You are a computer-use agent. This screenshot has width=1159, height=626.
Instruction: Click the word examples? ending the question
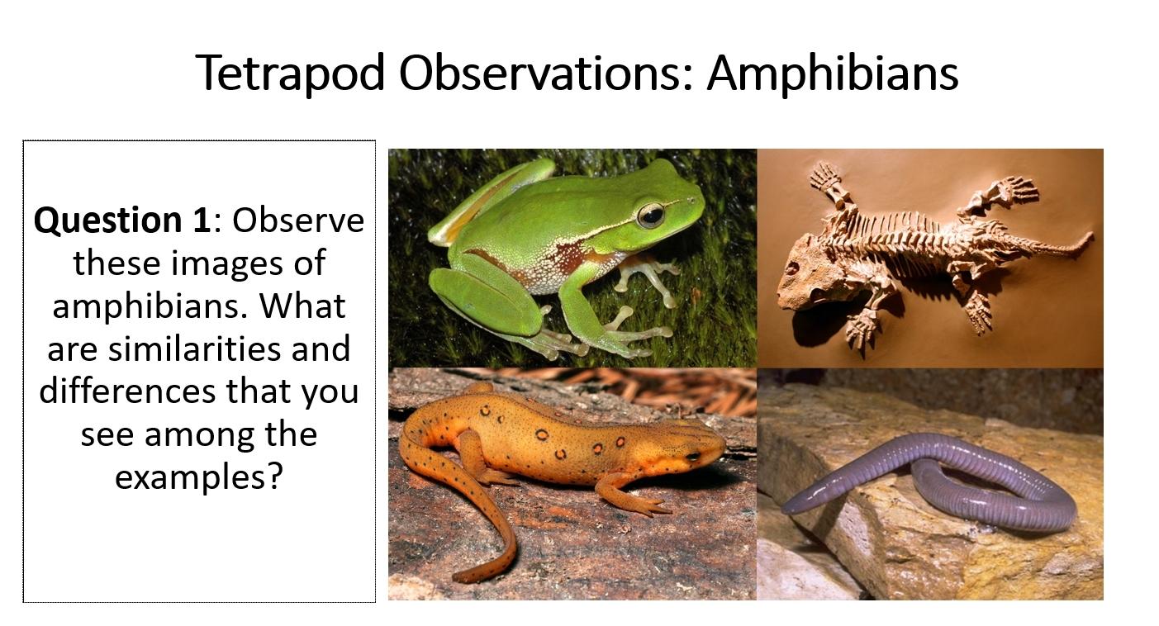(x=198, y=477)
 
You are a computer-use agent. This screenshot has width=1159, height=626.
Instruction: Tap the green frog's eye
(x=650, y=215)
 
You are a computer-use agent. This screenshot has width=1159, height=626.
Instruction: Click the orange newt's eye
(x=692, y=454)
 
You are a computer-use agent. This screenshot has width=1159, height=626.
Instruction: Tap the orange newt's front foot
(x=644, y=503)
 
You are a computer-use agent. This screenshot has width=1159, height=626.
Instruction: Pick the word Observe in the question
(x=298, y=221)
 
